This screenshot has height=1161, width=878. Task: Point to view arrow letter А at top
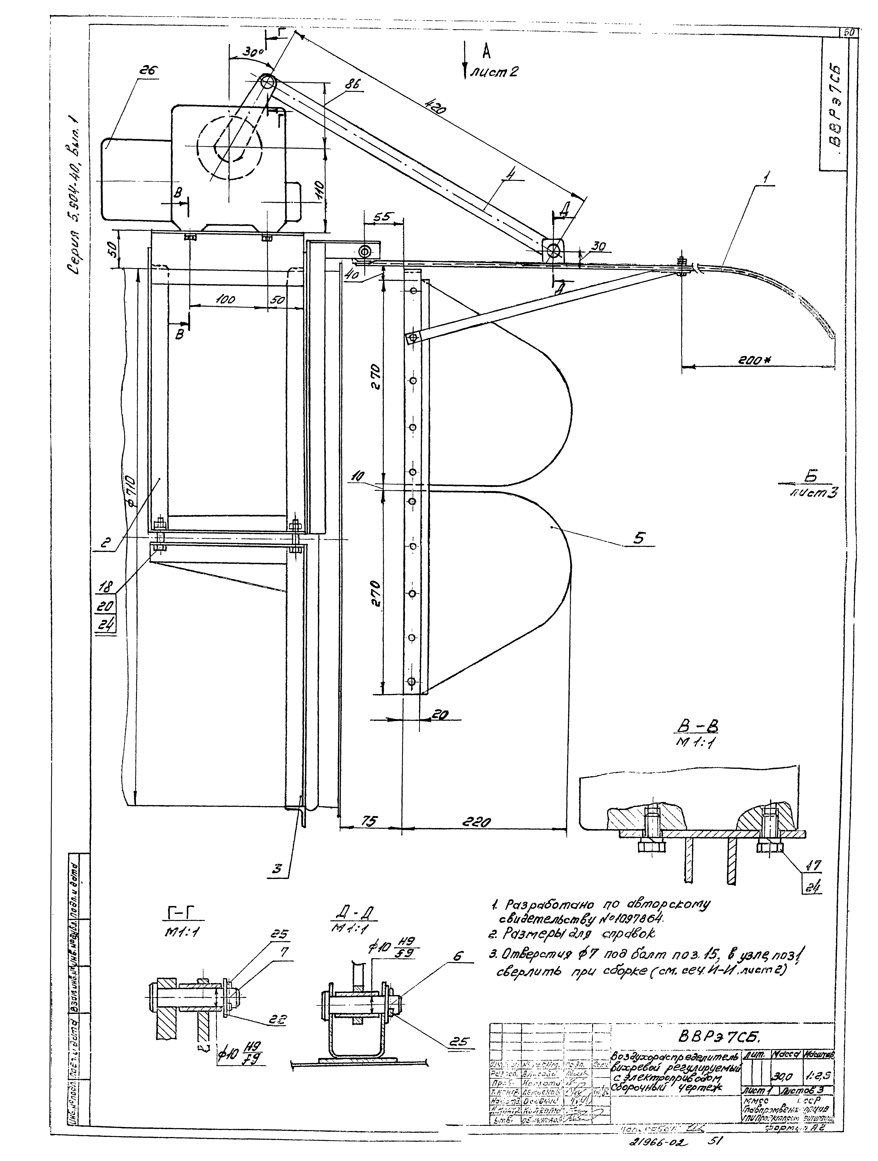486,51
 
